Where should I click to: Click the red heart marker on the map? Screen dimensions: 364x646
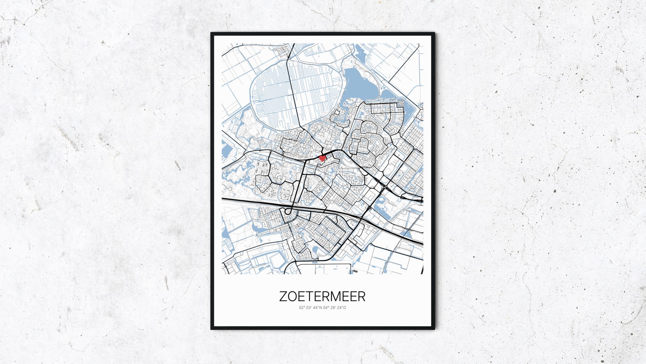[x=322, y=157]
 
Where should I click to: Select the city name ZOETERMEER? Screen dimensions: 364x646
[x=322, y=296]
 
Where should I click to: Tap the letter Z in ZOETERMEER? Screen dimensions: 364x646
[x=283, y=296]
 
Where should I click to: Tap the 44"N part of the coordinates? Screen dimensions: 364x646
[x=318, y=307]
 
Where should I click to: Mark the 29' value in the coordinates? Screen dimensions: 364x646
[x=334, y=307]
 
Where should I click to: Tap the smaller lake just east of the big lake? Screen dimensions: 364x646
[x=394, y=97]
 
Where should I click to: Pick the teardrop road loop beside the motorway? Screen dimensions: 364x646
[x=287, y=212]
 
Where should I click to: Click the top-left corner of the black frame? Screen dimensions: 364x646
[x=211, y=33]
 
